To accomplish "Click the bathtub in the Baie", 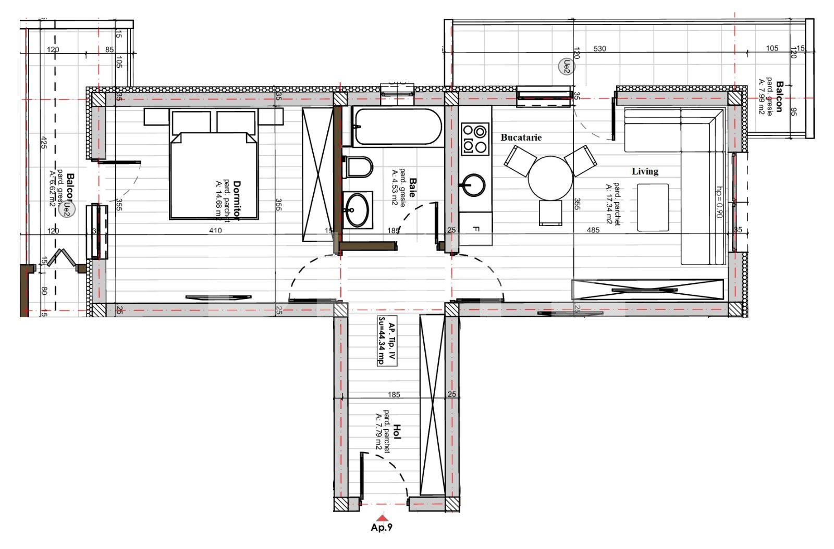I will (397, 126).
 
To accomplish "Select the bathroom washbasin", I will (357, 210).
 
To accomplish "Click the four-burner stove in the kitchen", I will (475, 139).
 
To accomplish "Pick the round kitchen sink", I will (472, 185).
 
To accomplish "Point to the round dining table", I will (550, 178).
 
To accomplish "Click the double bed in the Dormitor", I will (214, 174).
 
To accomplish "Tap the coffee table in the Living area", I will (653, 207).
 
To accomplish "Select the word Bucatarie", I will (521, 138).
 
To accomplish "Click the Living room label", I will (645, 171).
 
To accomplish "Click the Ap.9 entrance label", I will (382, 528).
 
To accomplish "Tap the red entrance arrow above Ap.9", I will (382, 518).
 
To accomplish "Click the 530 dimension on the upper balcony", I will (600, 49).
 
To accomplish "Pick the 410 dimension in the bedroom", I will (215, 230).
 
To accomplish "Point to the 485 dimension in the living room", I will (593, 230).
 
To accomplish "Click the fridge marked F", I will (475, 229).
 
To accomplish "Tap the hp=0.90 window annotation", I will (719, 202).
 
